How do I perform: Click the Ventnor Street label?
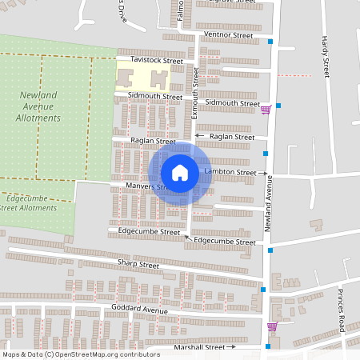(x=228, y=35)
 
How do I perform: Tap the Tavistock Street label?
(x=158, y=61)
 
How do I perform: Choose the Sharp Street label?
(x=138, y=264)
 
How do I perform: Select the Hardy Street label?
(x=326, y=56)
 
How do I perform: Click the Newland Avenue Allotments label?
(x=38, y=106)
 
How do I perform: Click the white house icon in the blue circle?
(x=180, y=173)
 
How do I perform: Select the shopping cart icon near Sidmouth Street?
(x=266, y=110)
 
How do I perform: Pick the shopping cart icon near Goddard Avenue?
(x=272, y=326)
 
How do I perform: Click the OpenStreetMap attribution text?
(x=80, y=354)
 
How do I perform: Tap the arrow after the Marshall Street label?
(x=232, y=347)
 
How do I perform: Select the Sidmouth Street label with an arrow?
(x=232, y=103)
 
